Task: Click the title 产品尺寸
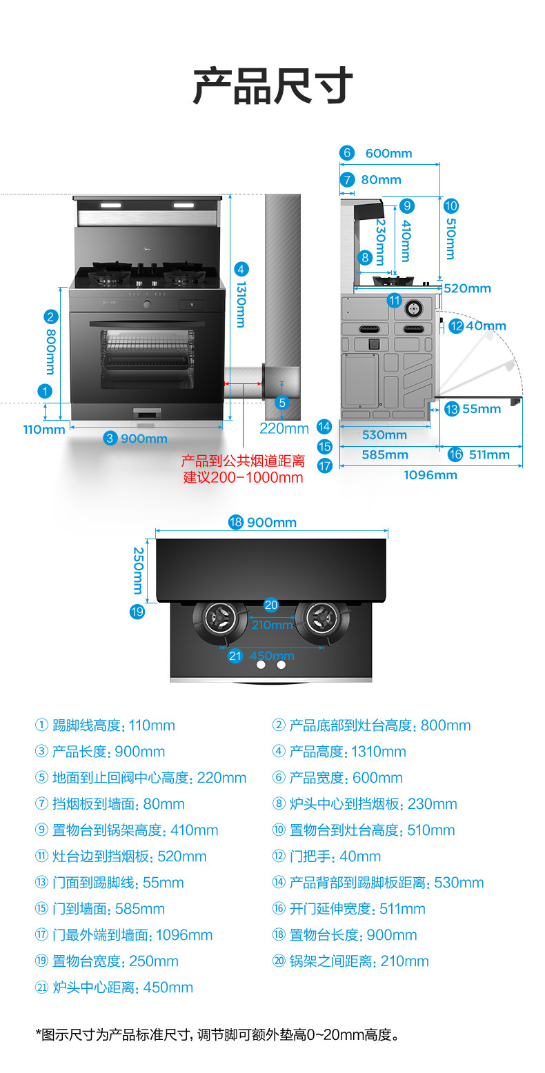point(272,86)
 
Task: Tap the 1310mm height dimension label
point(241,304)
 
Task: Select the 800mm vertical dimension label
point(50,351)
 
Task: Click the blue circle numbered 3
point(110,438)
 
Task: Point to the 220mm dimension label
point(284,429)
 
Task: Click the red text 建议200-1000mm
point(243,477)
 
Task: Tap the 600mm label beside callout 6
point(388,153)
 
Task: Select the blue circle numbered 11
point(394,300)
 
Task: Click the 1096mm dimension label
point(430,475)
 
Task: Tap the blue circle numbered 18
point(236,522)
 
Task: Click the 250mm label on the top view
point(138,570)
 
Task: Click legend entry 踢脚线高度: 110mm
point(105,725)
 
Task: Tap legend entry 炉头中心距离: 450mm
point(114,987)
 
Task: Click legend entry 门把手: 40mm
point(327,856)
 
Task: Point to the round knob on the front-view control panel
point(146,303)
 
